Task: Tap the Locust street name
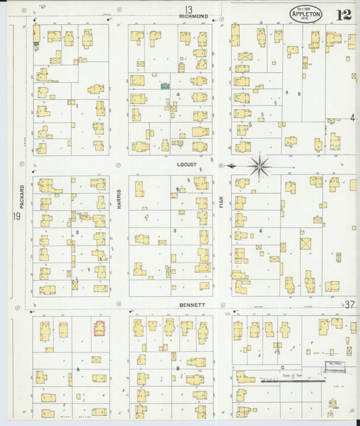[186, 165]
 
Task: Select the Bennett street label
[192, 305]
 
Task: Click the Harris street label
[120, 196]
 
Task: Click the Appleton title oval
[305, 14]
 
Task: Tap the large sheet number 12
[344, 15]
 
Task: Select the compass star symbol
[260, 165]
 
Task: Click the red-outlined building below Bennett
[100, 329]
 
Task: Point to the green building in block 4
[164, 86]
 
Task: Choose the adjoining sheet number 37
[349, 305]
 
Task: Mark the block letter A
[79, 370]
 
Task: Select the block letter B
[178, 369]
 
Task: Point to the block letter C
[281, 367]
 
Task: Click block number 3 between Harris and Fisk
[174, 231]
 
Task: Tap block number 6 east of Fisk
[261, 231]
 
